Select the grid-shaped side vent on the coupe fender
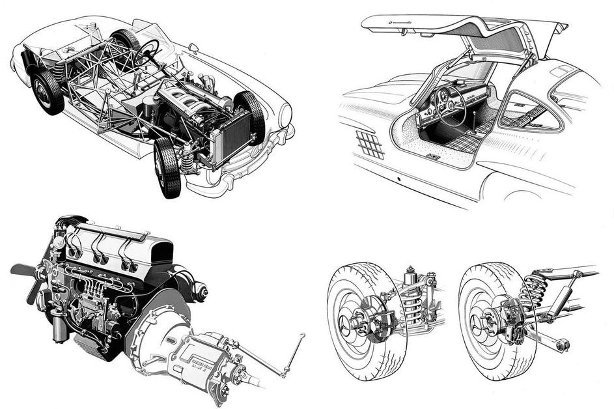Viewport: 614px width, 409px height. coord(370,143)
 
